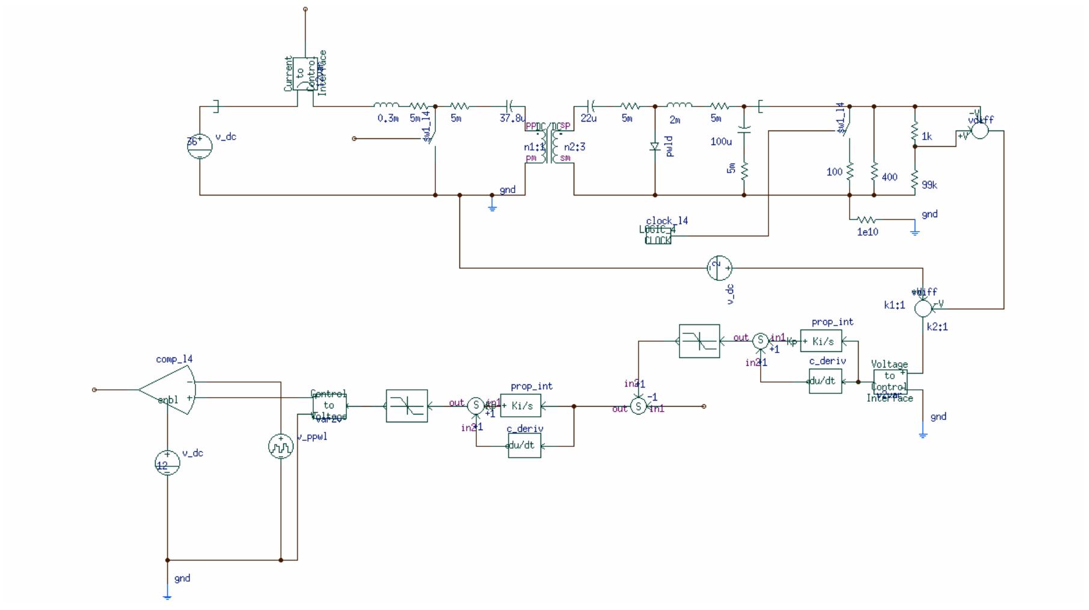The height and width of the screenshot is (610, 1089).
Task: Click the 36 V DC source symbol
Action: pos(200,146)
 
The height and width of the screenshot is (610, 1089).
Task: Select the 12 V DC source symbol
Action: pos(167,463)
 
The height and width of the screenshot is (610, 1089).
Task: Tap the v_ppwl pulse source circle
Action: pos(281,446)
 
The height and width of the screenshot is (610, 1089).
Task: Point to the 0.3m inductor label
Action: pos(388,119)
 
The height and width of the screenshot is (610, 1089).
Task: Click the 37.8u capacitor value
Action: pos(512,119)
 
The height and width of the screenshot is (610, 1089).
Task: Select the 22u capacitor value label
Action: pos(589,119)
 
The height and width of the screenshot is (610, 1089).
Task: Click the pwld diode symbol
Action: pos(655,146)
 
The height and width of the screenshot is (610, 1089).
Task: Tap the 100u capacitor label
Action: pos(721,142)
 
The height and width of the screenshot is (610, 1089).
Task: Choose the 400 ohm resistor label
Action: pos(889,177)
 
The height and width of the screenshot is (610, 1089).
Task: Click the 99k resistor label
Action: pos(929,185)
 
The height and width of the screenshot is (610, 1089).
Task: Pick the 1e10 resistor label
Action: pos(867,232)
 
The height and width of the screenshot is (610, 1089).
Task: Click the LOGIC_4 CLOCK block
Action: pos(658,235)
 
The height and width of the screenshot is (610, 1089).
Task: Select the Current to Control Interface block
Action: pos(305,74)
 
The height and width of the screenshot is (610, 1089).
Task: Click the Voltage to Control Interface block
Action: pos(890,381)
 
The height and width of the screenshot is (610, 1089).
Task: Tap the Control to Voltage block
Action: pos(329,405)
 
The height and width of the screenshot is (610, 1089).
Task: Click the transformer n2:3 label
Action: pos(574,147)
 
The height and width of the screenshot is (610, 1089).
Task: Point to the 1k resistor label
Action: pos(927,137)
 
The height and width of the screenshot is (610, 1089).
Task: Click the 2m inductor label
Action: pos(675,120)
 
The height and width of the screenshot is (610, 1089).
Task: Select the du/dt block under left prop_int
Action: pos(524,446)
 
